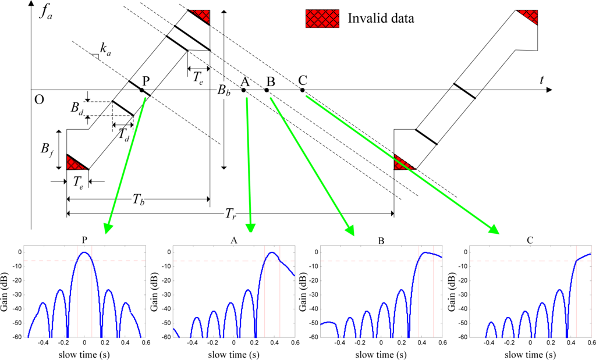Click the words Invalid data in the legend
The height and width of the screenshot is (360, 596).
[381, 18]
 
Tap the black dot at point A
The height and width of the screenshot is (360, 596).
[243, 90]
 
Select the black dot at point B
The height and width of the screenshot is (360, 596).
[267, 90]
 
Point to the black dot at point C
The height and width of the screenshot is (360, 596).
[302, 90]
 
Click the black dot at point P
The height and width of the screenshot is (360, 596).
[141, 90]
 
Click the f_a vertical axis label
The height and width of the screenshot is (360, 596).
[46, 12]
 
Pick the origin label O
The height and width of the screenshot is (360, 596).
[39, 99]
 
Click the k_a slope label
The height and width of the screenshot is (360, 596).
[105, 50]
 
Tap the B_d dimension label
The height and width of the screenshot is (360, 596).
[76, 108]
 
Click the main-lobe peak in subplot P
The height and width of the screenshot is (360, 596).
[84, 252]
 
